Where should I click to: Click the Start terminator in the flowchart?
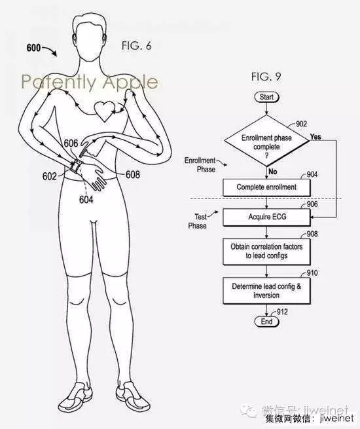[266, 97]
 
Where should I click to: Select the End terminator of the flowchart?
[266, 322]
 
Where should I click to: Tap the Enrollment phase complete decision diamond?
[266, 141]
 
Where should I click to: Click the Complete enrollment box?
[266, 187]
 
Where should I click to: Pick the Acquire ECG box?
[266, 217]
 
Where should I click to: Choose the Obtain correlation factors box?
[266, 252]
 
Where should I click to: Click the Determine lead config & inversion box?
[266, 291]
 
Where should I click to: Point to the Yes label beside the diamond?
[315, 137]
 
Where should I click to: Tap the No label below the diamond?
[273, 172]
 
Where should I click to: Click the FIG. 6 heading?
[136, 46]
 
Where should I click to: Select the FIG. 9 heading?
[266, 77]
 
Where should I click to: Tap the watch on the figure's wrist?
[75, 166]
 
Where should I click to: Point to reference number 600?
[33, 48]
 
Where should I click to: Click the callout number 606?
[71, 143]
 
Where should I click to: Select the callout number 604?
[86, 200]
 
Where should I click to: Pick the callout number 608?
[133, 174]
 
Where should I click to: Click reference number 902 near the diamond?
[301, 124]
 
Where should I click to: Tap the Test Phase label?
[198, 221]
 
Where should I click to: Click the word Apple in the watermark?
[130, 82]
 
